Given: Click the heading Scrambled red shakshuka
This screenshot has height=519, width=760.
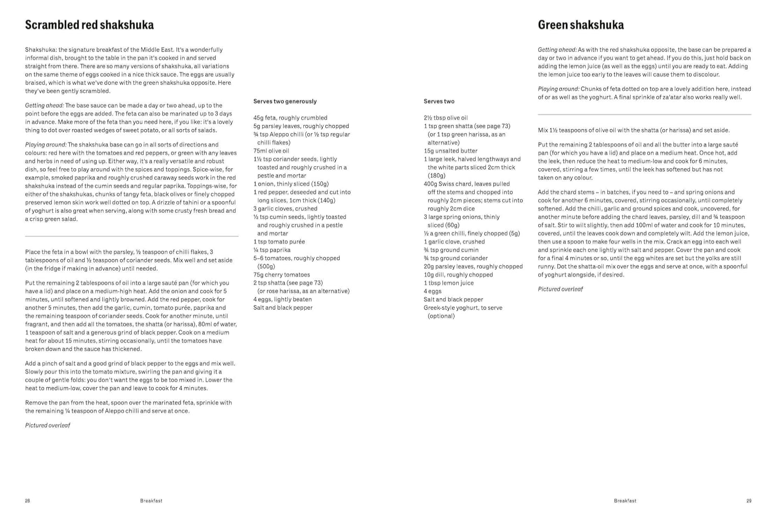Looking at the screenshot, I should [x=89, y=25].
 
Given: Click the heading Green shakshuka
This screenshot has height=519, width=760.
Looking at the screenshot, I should [x=580, y=25].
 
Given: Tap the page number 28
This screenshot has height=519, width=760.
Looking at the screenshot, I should [x=28, y=501].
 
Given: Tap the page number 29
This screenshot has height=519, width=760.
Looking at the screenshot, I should [x=749, y=501].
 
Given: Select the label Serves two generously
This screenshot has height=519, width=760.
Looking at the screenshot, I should [x=285, y=102].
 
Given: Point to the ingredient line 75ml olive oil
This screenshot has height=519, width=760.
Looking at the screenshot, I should [x=271, y=151].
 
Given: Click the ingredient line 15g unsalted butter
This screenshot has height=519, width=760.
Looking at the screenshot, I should [x=450, y=151].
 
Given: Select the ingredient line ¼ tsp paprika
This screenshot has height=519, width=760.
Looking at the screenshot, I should [x=271, y=250].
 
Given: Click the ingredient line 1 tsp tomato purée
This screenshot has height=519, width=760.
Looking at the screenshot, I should [x=279, y=242].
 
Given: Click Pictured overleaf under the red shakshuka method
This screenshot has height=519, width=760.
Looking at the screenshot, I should [x=48, y=425].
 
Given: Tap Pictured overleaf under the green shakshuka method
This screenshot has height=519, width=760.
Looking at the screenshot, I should [x=560, y=289].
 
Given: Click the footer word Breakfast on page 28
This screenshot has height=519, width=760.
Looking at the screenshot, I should [x=151, y=501].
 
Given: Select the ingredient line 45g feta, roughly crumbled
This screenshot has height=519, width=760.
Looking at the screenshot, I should [x=290, y=118].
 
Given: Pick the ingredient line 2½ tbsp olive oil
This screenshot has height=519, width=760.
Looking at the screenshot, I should [x=445, y=118].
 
